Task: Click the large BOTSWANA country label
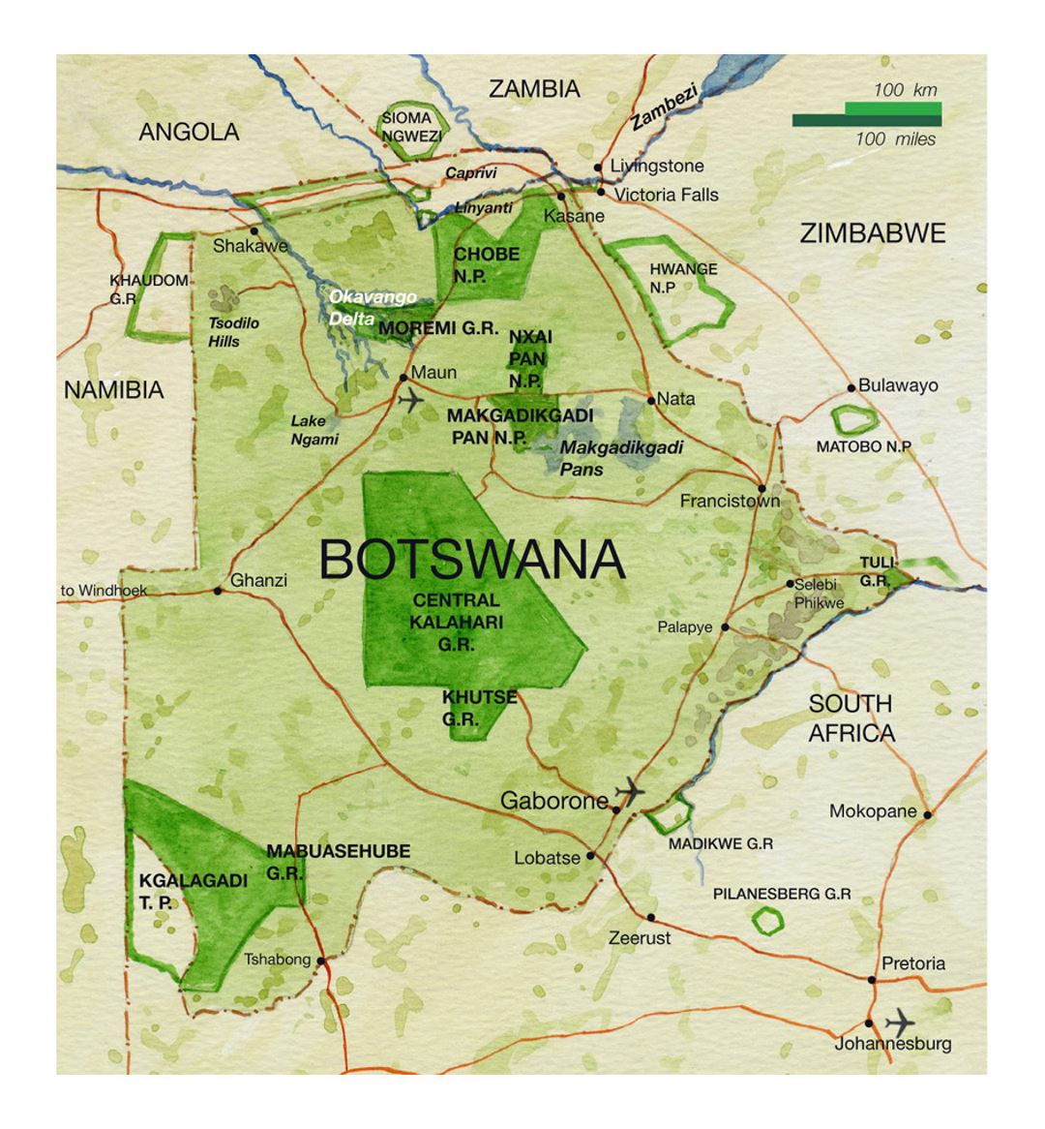coord(471,560)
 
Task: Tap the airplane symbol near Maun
coord(411,398)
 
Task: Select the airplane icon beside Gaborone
coord(630,791)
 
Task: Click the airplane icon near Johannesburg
coord(900,1021)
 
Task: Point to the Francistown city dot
coord(762,488)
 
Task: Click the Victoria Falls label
coord(666,195)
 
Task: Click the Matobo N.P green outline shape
coord(852,418)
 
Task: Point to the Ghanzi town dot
coord(218,591)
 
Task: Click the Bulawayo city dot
coord(851,387)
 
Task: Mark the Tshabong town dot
coord(320,961)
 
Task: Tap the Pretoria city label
coord(912,963)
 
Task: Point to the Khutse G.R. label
coord(479,708)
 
